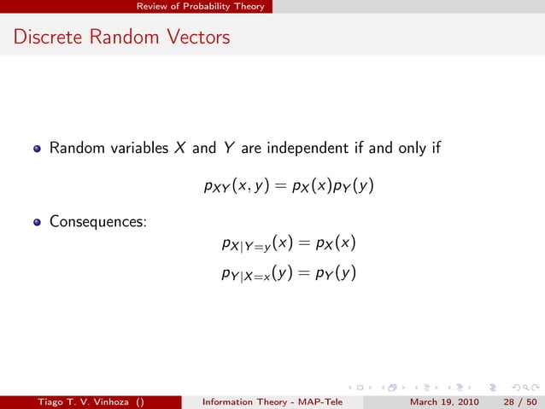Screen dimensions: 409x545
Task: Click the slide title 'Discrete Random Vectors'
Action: point(121,38)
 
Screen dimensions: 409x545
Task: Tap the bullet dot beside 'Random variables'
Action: point(37,149)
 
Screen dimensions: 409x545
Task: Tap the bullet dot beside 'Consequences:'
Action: point(37,223)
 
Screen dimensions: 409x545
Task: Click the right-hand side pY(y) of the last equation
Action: point(334,274)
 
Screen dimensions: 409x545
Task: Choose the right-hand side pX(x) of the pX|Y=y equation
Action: point(334,245)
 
